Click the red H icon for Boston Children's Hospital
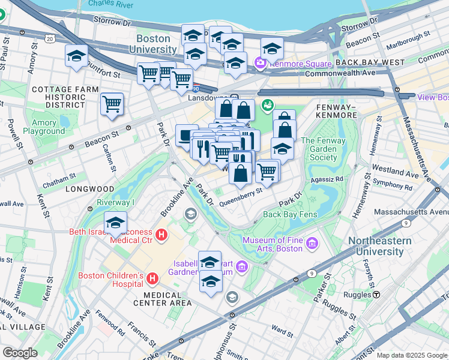(x=152, y=279)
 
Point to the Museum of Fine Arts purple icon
(x=312, y=244)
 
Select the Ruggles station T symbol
(x=376, y=295)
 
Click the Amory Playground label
(x=44, y=127)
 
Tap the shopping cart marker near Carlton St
(x=112, y=104)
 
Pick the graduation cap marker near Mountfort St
(x=76, y=56)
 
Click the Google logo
(x=20, y=353)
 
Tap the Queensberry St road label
(x=241, y=197)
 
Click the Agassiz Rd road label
(x=327, y=179)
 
